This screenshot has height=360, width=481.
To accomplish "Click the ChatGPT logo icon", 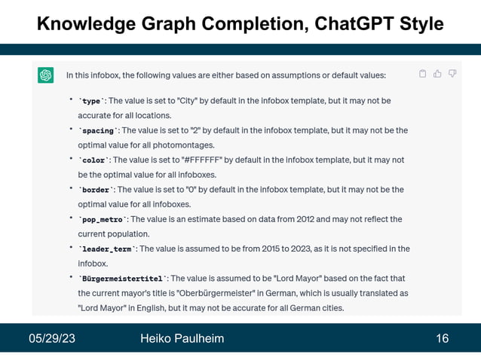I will [46, 75].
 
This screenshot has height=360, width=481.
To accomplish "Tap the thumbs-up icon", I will [437, 74].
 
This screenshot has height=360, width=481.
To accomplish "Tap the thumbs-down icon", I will [452, 74].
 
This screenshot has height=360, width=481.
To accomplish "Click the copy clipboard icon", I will [422, 74].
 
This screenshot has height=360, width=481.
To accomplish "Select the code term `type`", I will [91, 101].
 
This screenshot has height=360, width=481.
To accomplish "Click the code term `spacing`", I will [97, 130].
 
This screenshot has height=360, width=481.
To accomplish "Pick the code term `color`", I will [93, 160].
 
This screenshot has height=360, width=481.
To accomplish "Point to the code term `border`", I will [96, 190].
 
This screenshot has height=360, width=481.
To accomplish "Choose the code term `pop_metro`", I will [102, 220].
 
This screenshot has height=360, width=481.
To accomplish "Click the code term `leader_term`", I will [106, 249].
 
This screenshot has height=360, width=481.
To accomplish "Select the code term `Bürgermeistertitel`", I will [122, 279].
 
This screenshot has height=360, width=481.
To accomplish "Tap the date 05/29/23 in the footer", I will [52, 338].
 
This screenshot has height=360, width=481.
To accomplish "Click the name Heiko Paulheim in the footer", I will [182, 338].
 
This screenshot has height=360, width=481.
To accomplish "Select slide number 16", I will [442, 338].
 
